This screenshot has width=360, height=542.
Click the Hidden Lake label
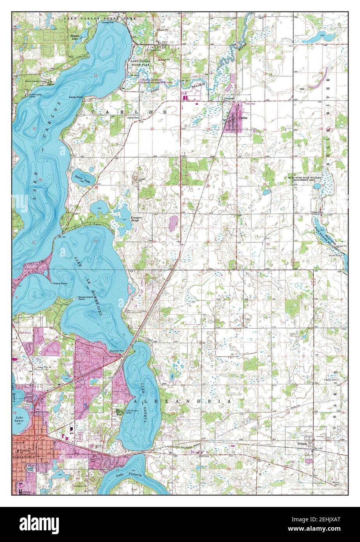pos(75,37)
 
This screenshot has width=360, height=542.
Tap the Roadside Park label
pos(116,351)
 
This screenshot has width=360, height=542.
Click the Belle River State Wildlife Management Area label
pos(307,179)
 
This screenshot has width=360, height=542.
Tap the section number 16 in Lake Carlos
pos(95,76)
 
